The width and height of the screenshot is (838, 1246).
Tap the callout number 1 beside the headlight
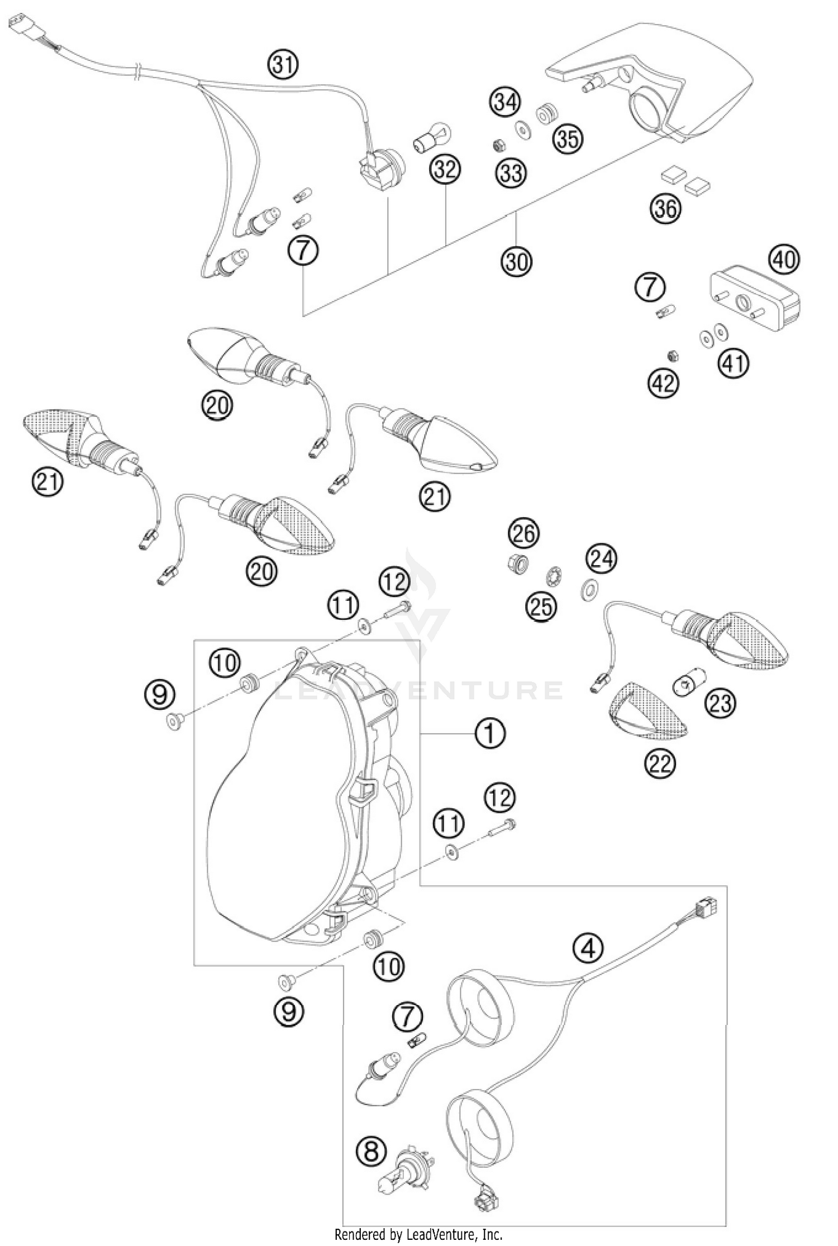(490, 732)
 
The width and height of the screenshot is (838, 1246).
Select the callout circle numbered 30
(517, 260)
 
